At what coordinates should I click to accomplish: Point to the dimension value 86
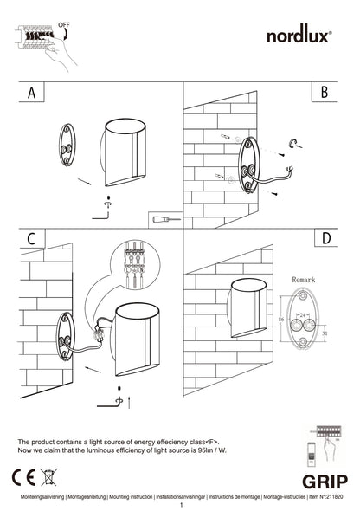coord(280,320)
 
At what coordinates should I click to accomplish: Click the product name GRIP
coord(325,482)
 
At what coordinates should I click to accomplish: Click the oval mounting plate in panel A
coord(67,148)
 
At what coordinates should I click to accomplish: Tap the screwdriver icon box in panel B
coord(163,218)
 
